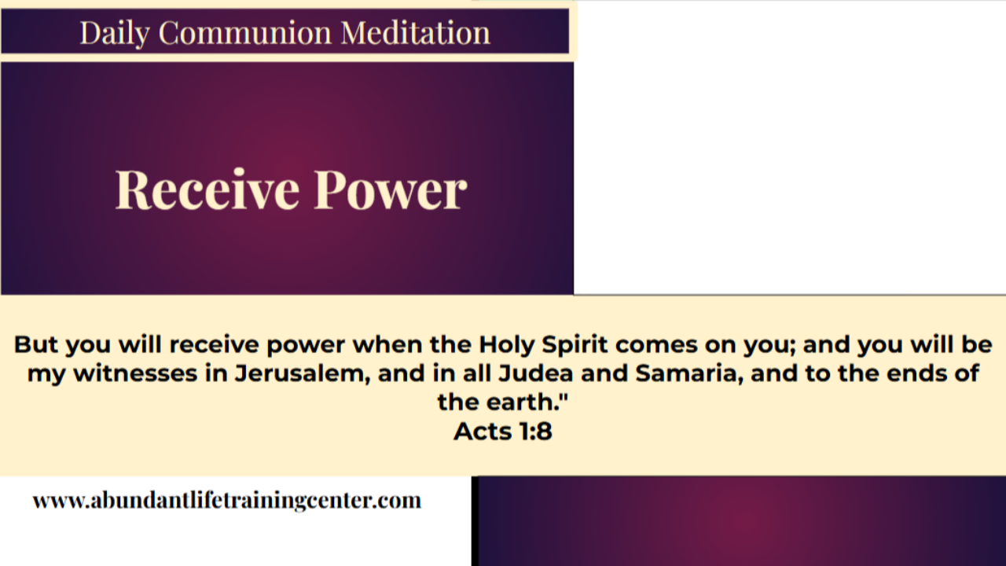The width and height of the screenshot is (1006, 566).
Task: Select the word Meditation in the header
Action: tap(415, 33)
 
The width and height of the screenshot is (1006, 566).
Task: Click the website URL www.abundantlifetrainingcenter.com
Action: tap(227, 500)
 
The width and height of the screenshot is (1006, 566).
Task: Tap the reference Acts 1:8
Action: tap(503, 431)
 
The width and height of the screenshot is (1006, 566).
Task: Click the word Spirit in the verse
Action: tap(571, 344)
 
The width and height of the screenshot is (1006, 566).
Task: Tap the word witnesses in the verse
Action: tap(138, 373)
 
